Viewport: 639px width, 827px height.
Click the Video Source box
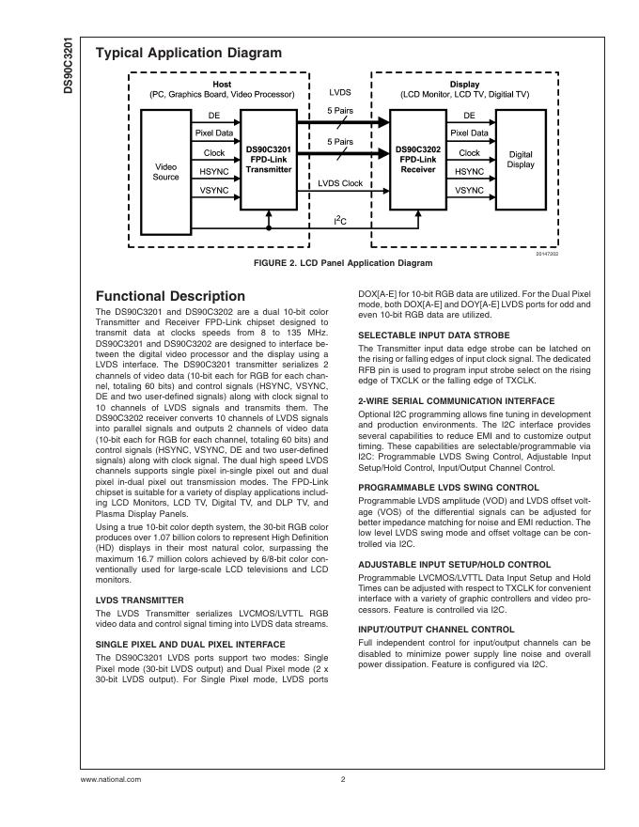pyautogui.click(x=165, y=171)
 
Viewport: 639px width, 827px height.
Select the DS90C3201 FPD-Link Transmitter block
pyautogui.click(x=269, y=160)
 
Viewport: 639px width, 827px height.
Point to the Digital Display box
pyautogui.click(x=520, y=160)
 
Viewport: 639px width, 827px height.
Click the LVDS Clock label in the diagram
pyautogui.click(x=339, y=183)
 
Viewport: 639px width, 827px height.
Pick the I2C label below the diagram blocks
pyautogui.click(x=340, y=221)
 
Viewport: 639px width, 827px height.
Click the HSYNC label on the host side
pyautogui.click(x=214, y=172)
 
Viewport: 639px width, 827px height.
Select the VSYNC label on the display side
pyautogui.click(x=469, y=191)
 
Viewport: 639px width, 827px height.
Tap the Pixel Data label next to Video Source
pyautogui.click(x=214, y=134)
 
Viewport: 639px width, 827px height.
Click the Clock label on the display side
pyautogui.click(x=469, y=153)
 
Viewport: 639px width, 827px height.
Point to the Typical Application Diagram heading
pyautogui.click(x=188, y=54)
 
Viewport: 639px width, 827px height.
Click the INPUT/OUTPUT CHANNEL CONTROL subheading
pyautogui.click(x=436, y=629)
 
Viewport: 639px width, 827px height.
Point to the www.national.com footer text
pyautogui.click(x=111, y=779)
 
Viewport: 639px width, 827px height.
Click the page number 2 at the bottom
pyautogui.click(x=343, y=779)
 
